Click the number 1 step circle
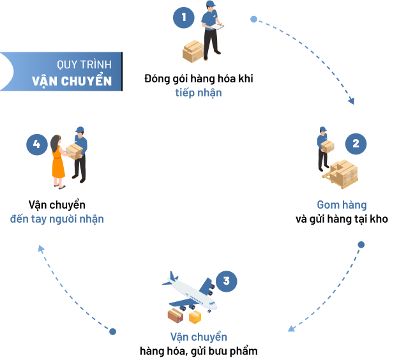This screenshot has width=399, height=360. (x=184, y=17)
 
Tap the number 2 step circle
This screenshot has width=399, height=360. (x=356, y=144)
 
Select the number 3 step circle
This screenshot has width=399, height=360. (x=226, y=281)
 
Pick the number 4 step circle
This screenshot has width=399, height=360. (x=36, y=144)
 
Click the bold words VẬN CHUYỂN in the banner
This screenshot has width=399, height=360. (x=72, y=81)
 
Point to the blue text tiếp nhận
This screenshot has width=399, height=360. (x=199, y=93)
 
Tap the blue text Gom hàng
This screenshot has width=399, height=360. (x=342, y=205)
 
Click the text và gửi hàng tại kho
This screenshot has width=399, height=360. (x=342, y=219)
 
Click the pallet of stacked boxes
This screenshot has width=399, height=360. (x=343, y=173)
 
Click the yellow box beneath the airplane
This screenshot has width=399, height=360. (x=195, y=317)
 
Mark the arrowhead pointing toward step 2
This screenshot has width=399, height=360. (x=350, y=100)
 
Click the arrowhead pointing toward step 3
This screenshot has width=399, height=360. (x=291, y=329)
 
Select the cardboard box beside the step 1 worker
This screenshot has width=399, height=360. (x=193, y=50)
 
